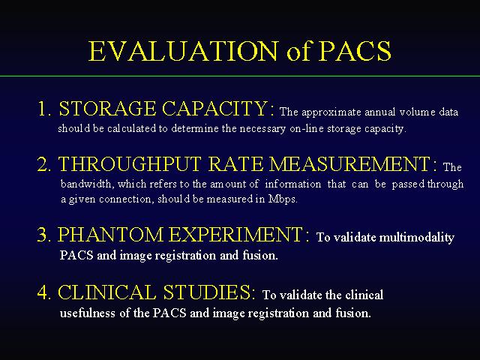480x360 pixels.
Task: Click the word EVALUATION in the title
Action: click(x=183, y=51)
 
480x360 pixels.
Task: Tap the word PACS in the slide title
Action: click(x=355, y=51)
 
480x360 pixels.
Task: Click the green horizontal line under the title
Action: click(x=240, y=76)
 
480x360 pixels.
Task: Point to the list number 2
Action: click(x=45, y=164)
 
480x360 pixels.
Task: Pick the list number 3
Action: click(x=45, y=235)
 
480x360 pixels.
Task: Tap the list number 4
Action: click(x=45, y=292)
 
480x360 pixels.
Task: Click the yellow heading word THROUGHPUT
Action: click(x=130, y=164)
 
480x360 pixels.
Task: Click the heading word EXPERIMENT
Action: click(x=236, y=235)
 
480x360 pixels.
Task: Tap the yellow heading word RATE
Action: click(x=235, y=164)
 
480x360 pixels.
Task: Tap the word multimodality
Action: click(x=417, y=238)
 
